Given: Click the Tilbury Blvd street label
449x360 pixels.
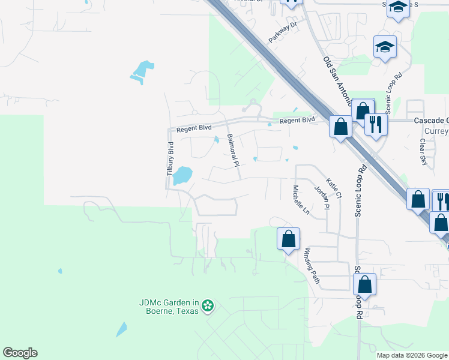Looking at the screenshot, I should coord(170,158).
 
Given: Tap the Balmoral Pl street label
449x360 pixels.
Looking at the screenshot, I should coord(233,150).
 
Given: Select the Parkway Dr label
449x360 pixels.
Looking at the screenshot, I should coord(283,33).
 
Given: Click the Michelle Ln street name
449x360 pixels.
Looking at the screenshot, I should coord(301,200).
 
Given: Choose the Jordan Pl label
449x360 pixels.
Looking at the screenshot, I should coord(322,197).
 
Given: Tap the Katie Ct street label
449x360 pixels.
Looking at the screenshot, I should coord(334,188).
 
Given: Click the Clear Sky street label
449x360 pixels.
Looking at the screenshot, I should coord(424,152).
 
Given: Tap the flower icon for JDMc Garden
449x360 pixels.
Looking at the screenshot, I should coord(208,306).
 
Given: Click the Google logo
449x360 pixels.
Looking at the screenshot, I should coord(20,353).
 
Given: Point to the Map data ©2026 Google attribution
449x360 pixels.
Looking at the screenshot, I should coord(412,355).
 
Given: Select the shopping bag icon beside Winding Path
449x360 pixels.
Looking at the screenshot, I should coord(288,239).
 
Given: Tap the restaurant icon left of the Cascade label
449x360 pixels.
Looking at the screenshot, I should coord(376,124).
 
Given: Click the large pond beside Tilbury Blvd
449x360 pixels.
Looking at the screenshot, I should coord(182,175).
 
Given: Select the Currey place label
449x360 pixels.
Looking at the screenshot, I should coord(436,131).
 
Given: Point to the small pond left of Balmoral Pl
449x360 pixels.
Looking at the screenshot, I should coord(216,140).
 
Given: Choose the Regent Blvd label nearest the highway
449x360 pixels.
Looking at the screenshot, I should coord(297,120).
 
